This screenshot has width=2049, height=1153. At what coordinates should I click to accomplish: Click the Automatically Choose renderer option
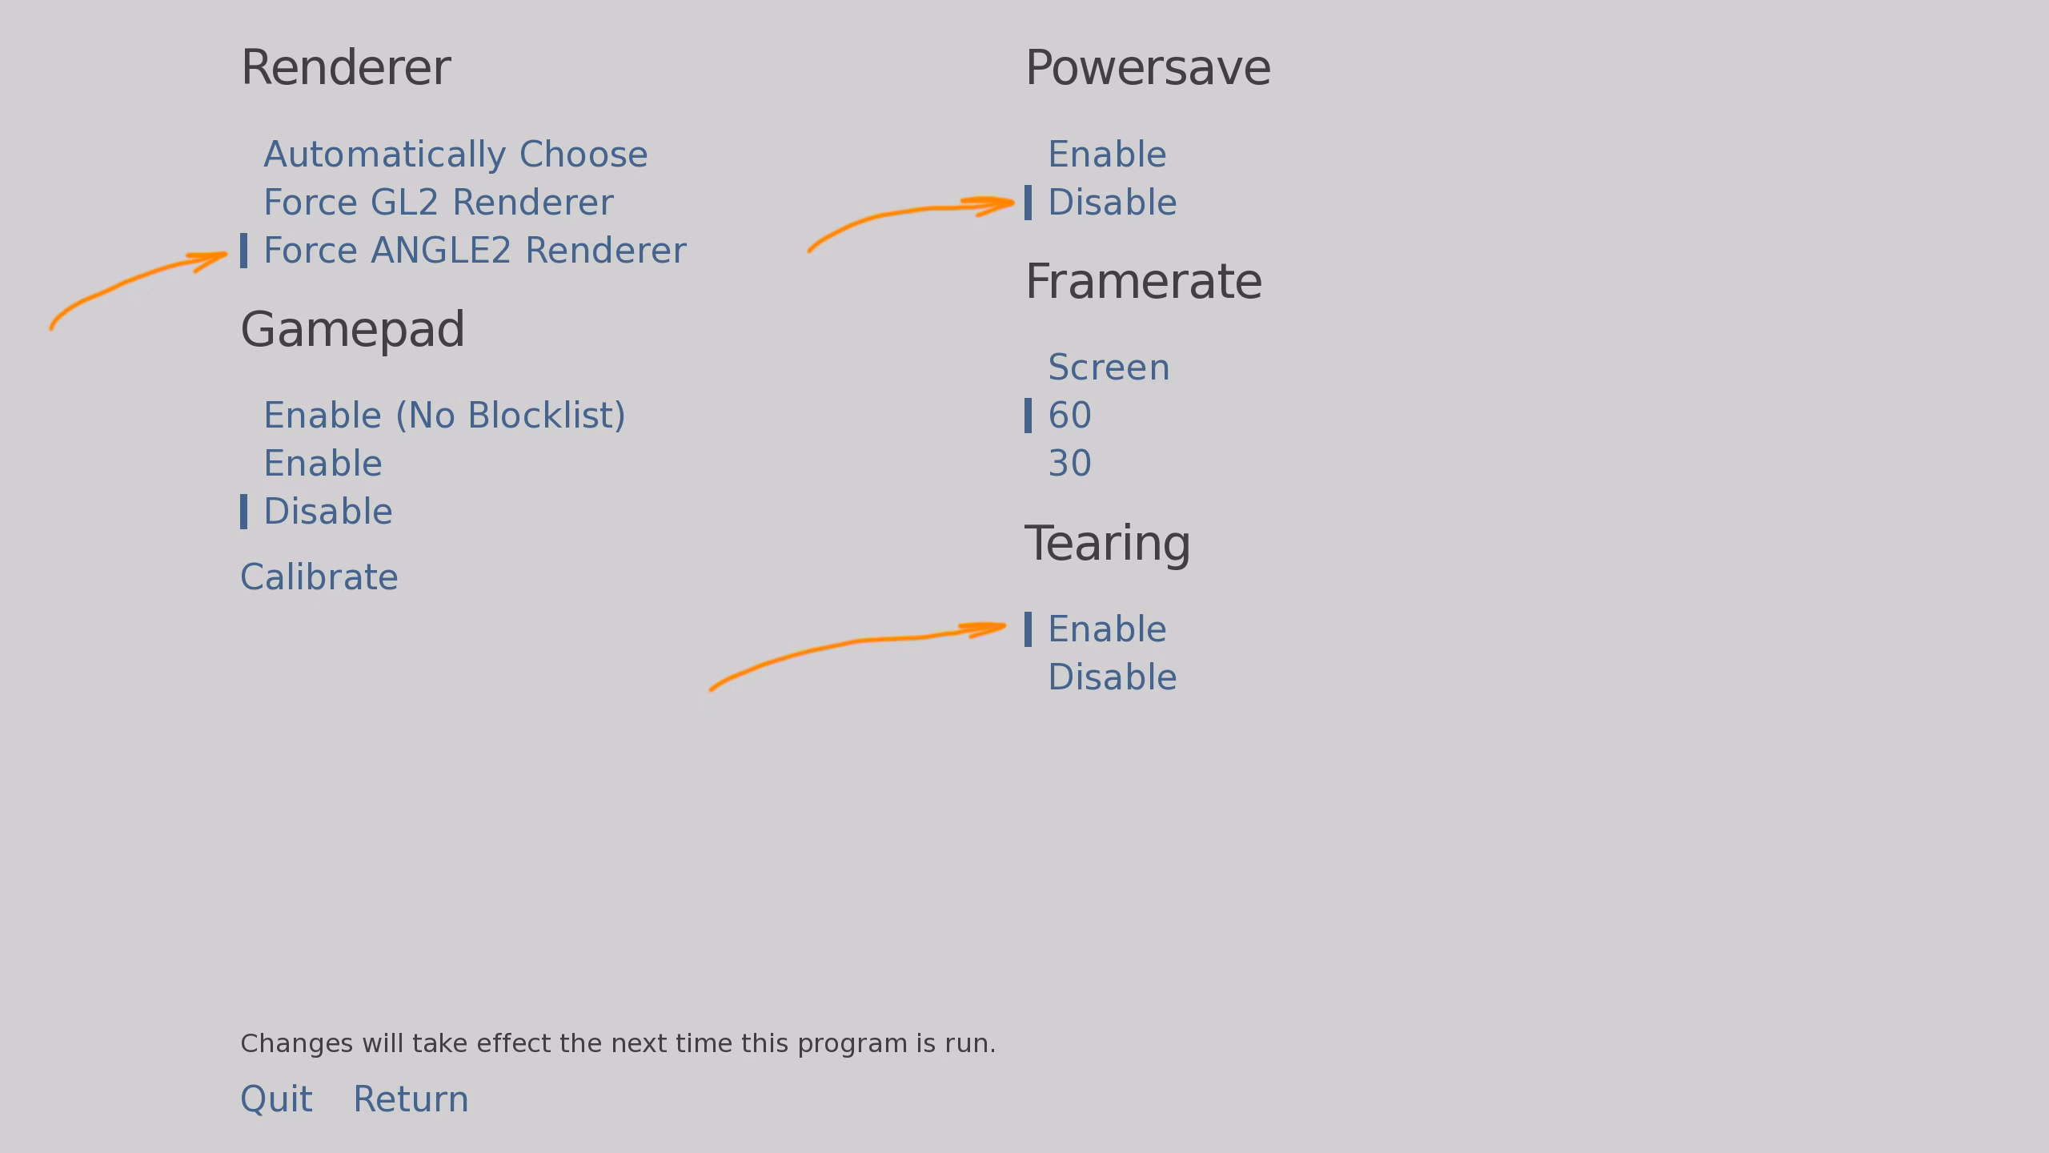(x=455, y=155)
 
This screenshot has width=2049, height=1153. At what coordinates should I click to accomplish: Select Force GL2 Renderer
(x=439, y=203)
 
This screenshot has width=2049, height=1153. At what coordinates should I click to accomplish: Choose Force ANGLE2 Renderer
(x=475, y=251)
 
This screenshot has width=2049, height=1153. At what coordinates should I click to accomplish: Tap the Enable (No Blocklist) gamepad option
(x=444, y=416)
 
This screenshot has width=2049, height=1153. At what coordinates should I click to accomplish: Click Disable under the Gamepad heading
(x=328, y=512)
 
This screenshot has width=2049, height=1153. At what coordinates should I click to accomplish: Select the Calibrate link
(x=319, y=577)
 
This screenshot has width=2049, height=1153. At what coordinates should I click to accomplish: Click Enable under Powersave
(x=1107, y=155)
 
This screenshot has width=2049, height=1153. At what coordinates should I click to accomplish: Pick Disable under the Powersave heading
(x=1113, y=203)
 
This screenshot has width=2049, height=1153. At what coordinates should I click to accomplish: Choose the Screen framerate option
(x=1109, y=368)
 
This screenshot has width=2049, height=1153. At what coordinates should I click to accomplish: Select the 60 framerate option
(x=1069, y=416)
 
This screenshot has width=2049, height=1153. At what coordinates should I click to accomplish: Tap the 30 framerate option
(x=1069, y=464)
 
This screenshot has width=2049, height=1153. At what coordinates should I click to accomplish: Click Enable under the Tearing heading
(x=1107, y=629)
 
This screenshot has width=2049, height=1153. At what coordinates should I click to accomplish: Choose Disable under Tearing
(x=1113, y=677)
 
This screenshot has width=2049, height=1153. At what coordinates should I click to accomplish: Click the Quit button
(x=276, y=1099)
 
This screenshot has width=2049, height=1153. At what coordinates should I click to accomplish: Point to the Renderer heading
(x=346, y=68)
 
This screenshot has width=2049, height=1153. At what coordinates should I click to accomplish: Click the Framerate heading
(x=1144, y=282)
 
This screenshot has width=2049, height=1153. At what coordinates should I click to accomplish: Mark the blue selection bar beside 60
(x=1029, y=416)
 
